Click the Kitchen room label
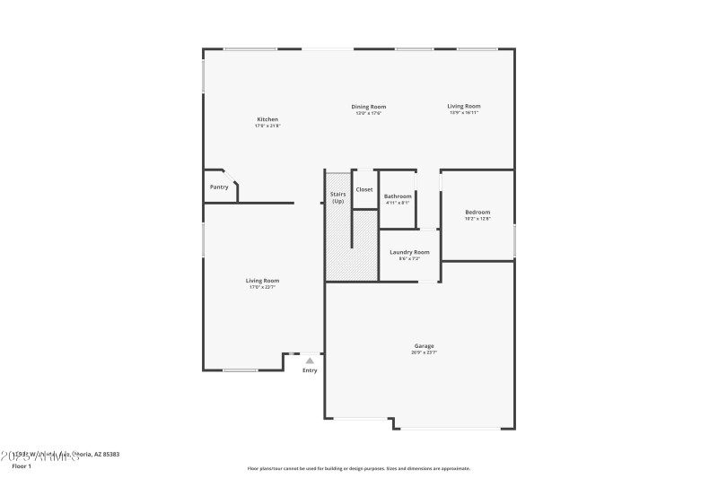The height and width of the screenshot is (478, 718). pos(267,119)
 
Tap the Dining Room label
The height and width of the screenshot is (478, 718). pos(369,107)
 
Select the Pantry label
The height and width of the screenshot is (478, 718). pos(219,187)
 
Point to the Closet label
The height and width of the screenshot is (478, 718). pos(364,189)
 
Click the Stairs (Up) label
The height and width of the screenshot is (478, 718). pos(338,197)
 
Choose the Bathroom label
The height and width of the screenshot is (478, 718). pos(398,196)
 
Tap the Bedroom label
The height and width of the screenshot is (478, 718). pos(477,212)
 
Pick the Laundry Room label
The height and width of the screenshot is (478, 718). pos(409,252)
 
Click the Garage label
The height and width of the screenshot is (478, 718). pos(425,346)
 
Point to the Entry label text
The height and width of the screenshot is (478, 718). pos(310,370)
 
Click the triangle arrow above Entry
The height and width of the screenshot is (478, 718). pos(310,361)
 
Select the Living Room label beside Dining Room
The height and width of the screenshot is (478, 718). pos(464,107)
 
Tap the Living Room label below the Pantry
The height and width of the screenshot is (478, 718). pos(263,281)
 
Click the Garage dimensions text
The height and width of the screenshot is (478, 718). pos(425,352)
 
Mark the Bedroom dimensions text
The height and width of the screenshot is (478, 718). pos(477,218)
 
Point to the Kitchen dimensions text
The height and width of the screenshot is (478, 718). pos(267,126)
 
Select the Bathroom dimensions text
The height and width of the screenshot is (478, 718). pos(398,203)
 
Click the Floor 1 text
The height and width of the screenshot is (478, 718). pos(22,466)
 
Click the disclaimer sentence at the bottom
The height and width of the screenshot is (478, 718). pos(359,468)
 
